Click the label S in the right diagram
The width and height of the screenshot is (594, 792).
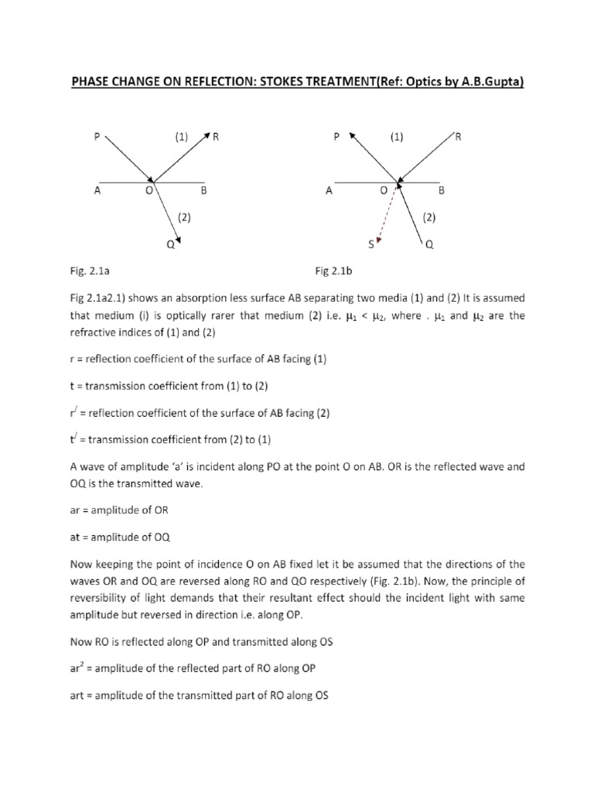pyautogui.click(x=370, y=245)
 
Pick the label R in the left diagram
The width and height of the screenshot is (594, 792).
pyautogui.click(x=217, y=137)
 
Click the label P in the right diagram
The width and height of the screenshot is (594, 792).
pyautogui.click(x=336, y=137)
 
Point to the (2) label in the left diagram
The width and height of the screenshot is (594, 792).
pyautogui.click(x=184, y=217)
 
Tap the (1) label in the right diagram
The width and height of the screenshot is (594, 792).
pyautogui.click(x=397, y=137)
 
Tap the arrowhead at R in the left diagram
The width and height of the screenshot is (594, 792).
pyautogui.click(x=207, y=136)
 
